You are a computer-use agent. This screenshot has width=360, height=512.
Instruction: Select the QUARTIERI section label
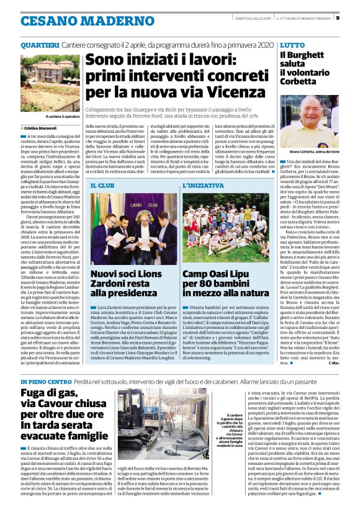click(x=40, y=45)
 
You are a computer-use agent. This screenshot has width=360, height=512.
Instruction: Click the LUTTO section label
click(x=292, y=45)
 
